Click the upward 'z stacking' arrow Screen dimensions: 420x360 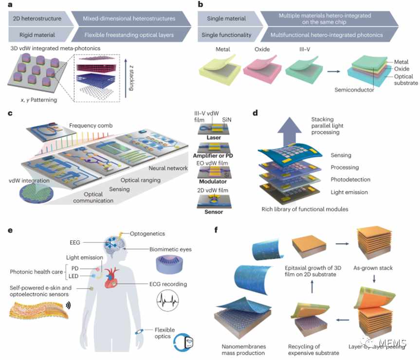126,78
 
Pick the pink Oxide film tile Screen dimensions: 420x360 262,69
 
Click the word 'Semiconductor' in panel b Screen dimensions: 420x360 354,90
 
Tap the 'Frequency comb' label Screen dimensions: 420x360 91,126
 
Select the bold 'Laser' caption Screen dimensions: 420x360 214,138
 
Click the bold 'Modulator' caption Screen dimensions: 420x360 213,181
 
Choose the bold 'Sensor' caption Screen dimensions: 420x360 214,212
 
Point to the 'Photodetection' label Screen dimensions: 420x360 350,180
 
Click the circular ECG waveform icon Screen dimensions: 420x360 168,301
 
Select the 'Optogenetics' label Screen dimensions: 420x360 147,234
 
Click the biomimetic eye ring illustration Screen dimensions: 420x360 169,265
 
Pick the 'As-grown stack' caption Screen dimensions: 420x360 373,268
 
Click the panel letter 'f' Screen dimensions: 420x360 216,230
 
